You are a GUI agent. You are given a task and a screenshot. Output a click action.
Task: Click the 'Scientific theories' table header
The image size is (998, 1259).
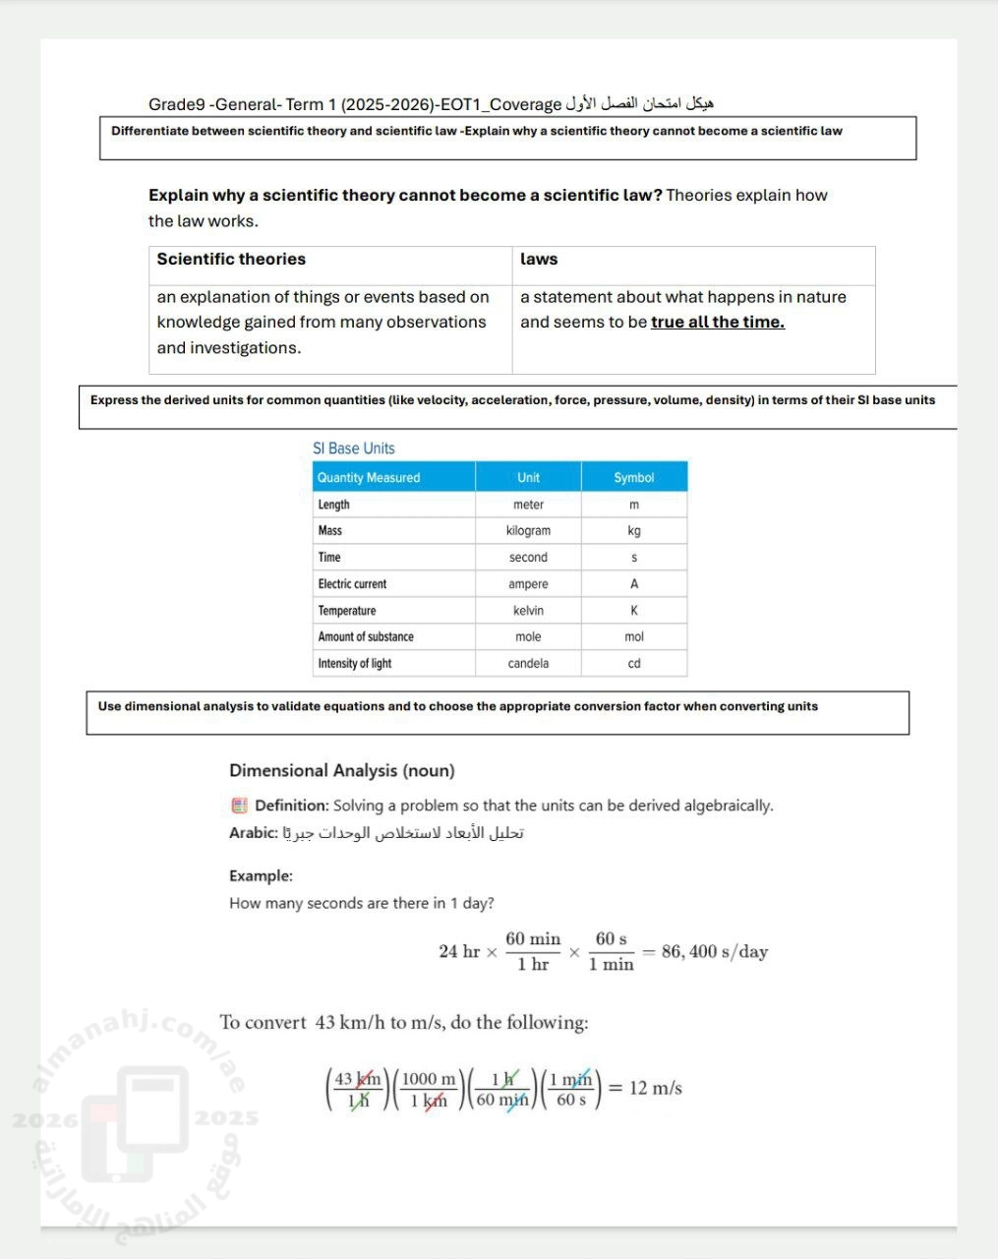pyautogui.click(x=231, y=260)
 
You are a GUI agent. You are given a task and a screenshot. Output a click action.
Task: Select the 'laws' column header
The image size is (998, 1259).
pyautogui.click(x=539, y=260)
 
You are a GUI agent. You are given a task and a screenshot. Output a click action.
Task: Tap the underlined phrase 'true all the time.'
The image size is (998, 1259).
pyautogui.click(x=717, y=323)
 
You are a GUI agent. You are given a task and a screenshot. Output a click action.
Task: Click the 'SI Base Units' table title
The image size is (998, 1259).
pyautogui.click(x=354, y=449)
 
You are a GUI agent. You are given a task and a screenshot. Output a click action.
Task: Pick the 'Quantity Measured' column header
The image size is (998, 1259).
pyautogui.click(x=369, y=478)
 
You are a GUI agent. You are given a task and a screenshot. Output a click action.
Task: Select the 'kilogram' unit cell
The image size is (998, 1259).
pyautogui.click(x=528, y=531)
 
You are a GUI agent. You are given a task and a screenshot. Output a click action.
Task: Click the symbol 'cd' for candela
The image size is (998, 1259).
pyautogui.click(x=634, y=664)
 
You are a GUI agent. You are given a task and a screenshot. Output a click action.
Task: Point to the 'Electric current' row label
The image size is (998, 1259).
pyautogui.click(x=352, y=584)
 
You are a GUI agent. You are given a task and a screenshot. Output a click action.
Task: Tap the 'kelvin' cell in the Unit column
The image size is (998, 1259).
pyautogui.click(x=528, y=611)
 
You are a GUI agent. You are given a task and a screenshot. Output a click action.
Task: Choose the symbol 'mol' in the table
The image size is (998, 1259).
pyautogui.click(x=634, y=637)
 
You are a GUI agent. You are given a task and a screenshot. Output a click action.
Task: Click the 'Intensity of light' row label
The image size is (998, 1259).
pyautogui.click(x=354, y=664)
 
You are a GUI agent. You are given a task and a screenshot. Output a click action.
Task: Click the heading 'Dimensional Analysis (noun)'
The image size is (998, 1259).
pyautogui.click(x=341, y=771)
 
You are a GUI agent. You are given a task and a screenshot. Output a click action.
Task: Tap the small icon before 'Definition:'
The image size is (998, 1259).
pyautogui.click(x=239, y=806)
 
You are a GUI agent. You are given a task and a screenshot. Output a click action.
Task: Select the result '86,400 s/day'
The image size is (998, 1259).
pyautogui.click(x=715, y=952)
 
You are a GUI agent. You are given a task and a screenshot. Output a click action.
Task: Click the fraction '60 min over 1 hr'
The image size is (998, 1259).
pyautogui.click(x=533, y=952)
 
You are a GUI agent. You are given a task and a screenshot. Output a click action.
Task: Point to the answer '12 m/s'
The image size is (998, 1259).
pyautogui.click(x=656, y=1089)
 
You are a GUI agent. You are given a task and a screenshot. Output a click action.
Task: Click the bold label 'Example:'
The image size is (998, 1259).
pyautogui.click(x=261, y=876)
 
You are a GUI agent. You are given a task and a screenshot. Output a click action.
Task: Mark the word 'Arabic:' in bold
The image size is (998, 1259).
pyautogui.click(x=253, y=833)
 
